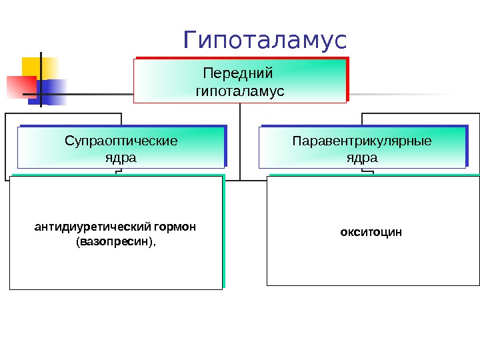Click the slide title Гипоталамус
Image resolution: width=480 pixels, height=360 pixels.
click(265, 41)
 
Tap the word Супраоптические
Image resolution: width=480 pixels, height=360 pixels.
click(121, 141)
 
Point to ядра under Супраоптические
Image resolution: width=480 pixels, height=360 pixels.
click(121, 158)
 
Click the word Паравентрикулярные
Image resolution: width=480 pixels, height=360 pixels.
click(362, 141)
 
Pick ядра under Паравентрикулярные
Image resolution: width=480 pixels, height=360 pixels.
click(362, 158)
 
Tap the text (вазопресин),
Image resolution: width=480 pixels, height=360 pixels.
click(116, 241)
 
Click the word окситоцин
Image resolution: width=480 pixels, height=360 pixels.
click(371, 233)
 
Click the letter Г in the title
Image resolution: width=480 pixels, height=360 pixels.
click(191, 41)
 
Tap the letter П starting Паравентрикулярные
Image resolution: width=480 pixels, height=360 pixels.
click(297, 141)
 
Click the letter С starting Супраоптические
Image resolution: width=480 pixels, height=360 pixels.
click(69, 141)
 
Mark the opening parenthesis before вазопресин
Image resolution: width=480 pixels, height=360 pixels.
click(79, 241)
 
